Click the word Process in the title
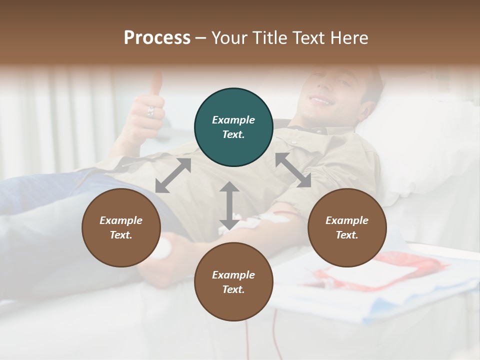click(x=157, y=38)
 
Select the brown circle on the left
click(x=121, y=227)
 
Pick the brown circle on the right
click(x=347, y=227)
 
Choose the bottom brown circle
click(x=233, y=281)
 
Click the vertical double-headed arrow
click(x=229, y=205)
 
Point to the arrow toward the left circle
click(x=173, y=175)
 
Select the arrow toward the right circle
click(x=293, y=170)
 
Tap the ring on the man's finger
click(x=150, y=112)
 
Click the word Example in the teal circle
click(x=233, y=120)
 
